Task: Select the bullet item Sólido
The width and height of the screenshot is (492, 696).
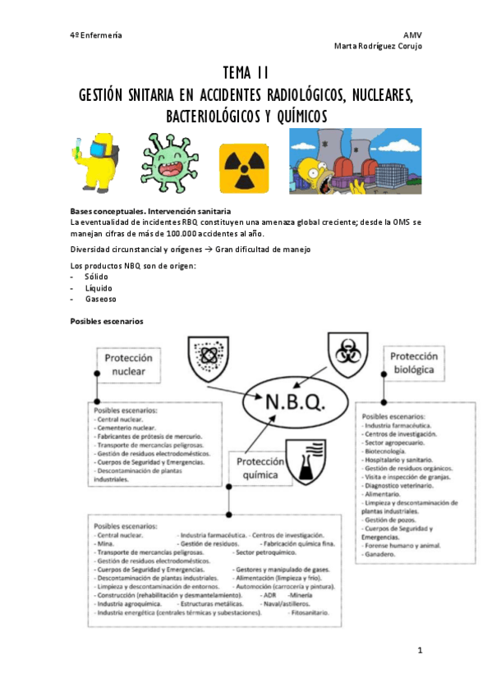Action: [96, 277]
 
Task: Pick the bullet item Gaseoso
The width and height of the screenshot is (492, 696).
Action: [100, 300]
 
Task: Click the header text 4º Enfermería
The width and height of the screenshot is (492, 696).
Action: [95, 35]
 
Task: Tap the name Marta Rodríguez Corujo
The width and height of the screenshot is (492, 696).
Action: [378, 46]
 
